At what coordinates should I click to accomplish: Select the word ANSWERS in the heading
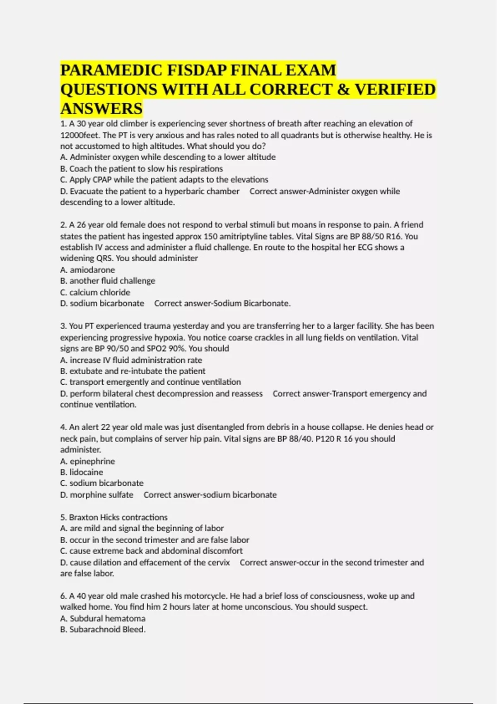point(101,108)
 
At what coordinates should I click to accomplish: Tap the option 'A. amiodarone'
point(87,270)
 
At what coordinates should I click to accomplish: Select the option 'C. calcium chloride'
point(95,292)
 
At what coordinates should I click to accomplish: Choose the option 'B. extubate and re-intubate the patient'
point(133,371)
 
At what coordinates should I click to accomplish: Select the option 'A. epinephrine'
point(87,461)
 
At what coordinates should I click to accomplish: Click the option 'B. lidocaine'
point(82,472)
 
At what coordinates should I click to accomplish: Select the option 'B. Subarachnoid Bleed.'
point(103,629)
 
